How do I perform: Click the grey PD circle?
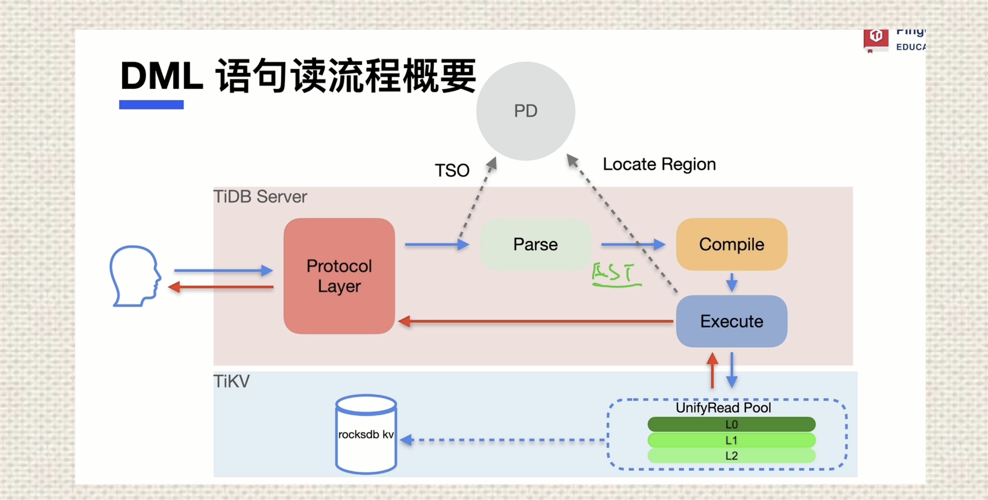click(x=525, y=111)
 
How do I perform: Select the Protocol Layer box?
click(x=339, y=276)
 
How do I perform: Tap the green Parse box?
click(x=535, y=244)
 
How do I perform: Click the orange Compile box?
click(x=731, y=244)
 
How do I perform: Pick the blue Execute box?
click(x=731, y=321)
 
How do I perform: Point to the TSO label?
click(x=452, y=171)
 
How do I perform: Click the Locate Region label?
click(x=659, y=164)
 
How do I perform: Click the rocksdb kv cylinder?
click(x=366, y=434)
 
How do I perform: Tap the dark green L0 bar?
click(x=731, y=424)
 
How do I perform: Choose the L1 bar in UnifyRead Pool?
click(x=731, y=440)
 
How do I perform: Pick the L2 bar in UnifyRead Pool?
click(x=731, y=456)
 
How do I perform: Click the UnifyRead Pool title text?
click(x=723, y=408)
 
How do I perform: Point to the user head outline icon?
click(x=135, y=276)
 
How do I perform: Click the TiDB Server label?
click(x=260, y=197)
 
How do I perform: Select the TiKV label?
click(x=231, y=381)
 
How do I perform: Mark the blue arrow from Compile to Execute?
click(x=731, y=283)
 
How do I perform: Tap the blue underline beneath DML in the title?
click(x=151, y=105)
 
